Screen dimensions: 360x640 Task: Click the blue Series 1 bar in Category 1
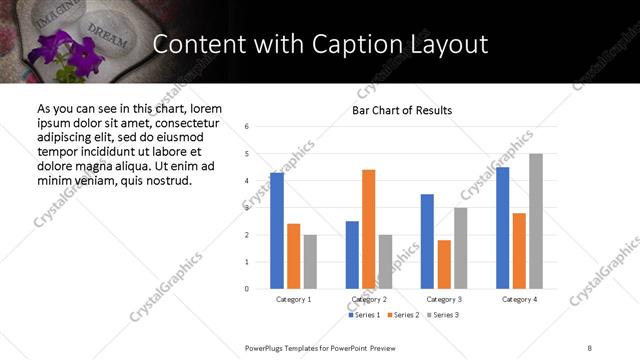point(277,231)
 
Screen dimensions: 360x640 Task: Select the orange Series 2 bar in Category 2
point(368,229)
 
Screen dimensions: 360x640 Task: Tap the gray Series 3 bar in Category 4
point(536,221)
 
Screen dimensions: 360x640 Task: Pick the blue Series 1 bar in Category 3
point(427,241)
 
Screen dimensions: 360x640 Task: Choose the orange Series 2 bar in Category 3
point(444,264)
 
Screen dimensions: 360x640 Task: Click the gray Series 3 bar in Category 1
point(310,262)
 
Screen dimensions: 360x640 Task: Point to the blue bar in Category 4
point(503,228)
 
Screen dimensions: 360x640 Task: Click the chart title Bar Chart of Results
point(401,110)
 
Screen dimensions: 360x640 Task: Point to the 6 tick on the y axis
point(247,127)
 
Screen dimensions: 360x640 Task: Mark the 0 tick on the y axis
point(247,289)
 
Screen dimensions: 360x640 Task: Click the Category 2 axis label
point(369,299)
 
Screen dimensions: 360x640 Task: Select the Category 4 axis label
point(520,299)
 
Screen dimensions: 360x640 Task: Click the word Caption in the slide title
point(385,44)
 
